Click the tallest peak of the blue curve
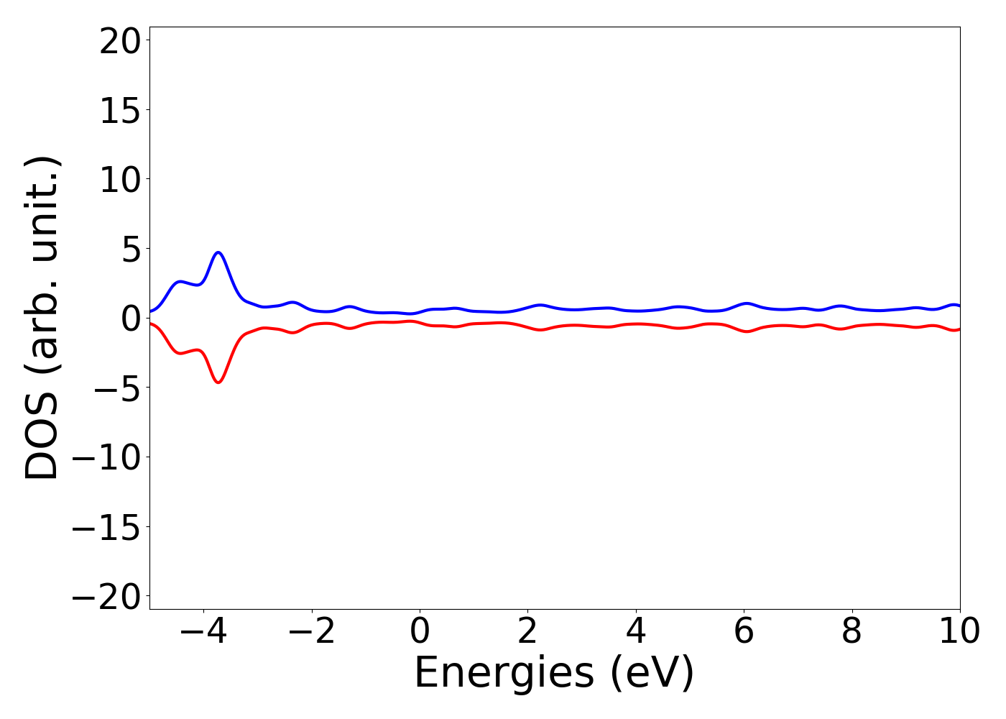(x=218, y=252)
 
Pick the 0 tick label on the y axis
(x=129, y=319)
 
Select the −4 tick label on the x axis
(x=203, y=632)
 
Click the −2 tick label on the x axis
(x=312, y=632)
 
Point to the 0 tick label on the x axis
(x=420, y=632)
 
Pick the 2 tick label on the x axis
(x=528, y=632)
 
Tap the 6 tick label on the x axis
(x=744, y=632)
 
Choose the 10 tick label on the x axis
(x=959, y=632)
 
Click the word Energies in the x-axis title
(x=504, y=674)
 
